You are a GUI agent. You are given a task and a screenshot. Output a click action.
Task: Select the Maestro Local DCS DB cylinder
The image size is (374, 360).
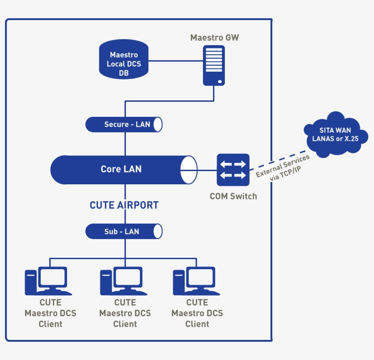(x=124, y=59)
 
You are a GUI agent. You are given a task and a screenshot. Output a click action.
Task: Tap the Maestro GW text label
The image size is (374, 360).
(x=214, y=37)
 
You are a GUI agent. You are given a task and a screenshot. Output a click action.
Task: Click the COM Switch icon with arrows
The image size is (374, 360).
(x=233, y=169)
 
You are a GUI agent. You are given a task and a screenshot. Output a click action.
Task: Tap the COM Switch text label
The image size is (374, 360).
(x=233, y=197)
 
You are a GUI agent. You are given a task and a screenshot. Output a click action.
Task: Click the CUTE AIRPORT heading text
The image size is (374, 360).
(x=124, y=205)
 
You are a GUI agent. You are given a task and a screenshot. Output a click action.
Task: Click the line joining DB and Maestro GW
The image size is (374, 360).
(x=176, y=61)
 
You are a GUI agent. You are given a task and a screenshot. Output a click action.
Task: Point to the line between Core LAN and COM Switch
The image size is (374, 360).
(x=207, y=170)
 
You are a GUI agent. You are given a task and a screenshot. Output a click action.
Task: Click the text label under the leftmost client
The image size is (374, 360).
(x=50, y=313)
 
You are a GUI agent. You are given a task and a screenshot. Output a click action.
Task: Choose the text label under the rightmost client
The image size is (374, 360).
(x=197, y=313)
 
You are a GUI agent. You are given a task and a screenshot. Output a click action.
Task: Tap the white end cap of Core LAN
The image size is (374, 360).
(x=188, y=170)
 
